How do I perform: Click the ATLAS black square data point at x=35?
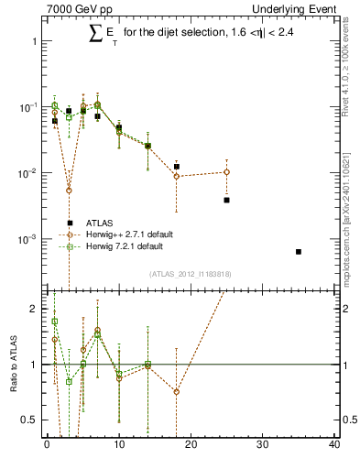click(299, 251)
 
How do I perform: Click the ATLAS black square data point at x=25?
click(226, 200)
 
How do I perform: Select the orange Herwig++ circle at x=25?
click(226, 172)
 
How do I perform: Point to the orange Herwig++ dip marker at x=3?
click(69, 191)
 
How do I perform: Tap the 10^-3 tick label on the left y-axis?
click(27, 239)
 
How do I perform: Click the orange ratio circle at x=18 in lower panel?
click(176, 391)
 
